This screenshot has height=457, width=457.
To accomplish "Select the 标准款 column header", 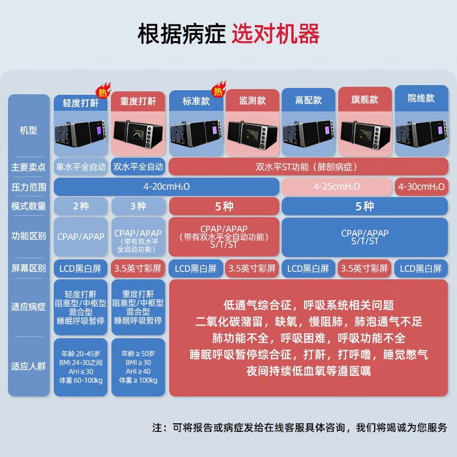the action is pyautogui.click(x=196, y=101).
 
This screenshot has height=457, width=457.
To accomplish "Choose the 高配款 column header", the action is pyautogui.click(x=308, y=101).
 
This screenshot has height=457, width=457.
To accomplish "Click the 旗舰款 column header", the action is pyautogui.click(x=364, y=99).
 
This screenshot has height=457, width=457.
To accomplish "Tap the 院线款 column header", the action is pyautogui.click(x=421, y=98).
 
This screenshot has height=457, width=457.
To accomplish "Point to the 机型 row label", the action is pyautogui.click(x=28, y=131).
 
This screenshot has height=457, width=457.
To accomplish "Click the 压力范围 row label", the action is pyautogui.click(x=28, y=187).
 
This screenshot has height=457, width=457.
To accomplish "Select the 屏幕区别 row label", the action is pyautogui.click(x=28, y=268).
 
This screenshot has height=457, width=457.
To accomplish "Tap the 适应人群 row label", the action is pyautogui.click(x=28, y=366).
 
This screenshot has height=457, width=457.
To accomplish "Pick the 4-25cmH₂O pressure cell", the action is pyautogui.click(x=336, y=187).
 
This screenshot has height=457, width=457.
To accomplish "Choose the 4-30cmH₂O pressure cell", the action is pyautogui.click(x=421, y=187).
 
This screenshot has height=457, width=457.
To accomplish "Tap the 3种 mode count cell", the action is pyautogui.click(x=138, y=206).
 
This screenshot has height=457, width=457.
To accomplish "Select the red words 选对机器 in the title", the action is pyautogui.click(x=276, y=34).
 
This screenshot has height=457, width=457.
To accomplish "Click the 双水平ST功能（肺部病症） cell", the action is pyautogui.click(x=307, y=167).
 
